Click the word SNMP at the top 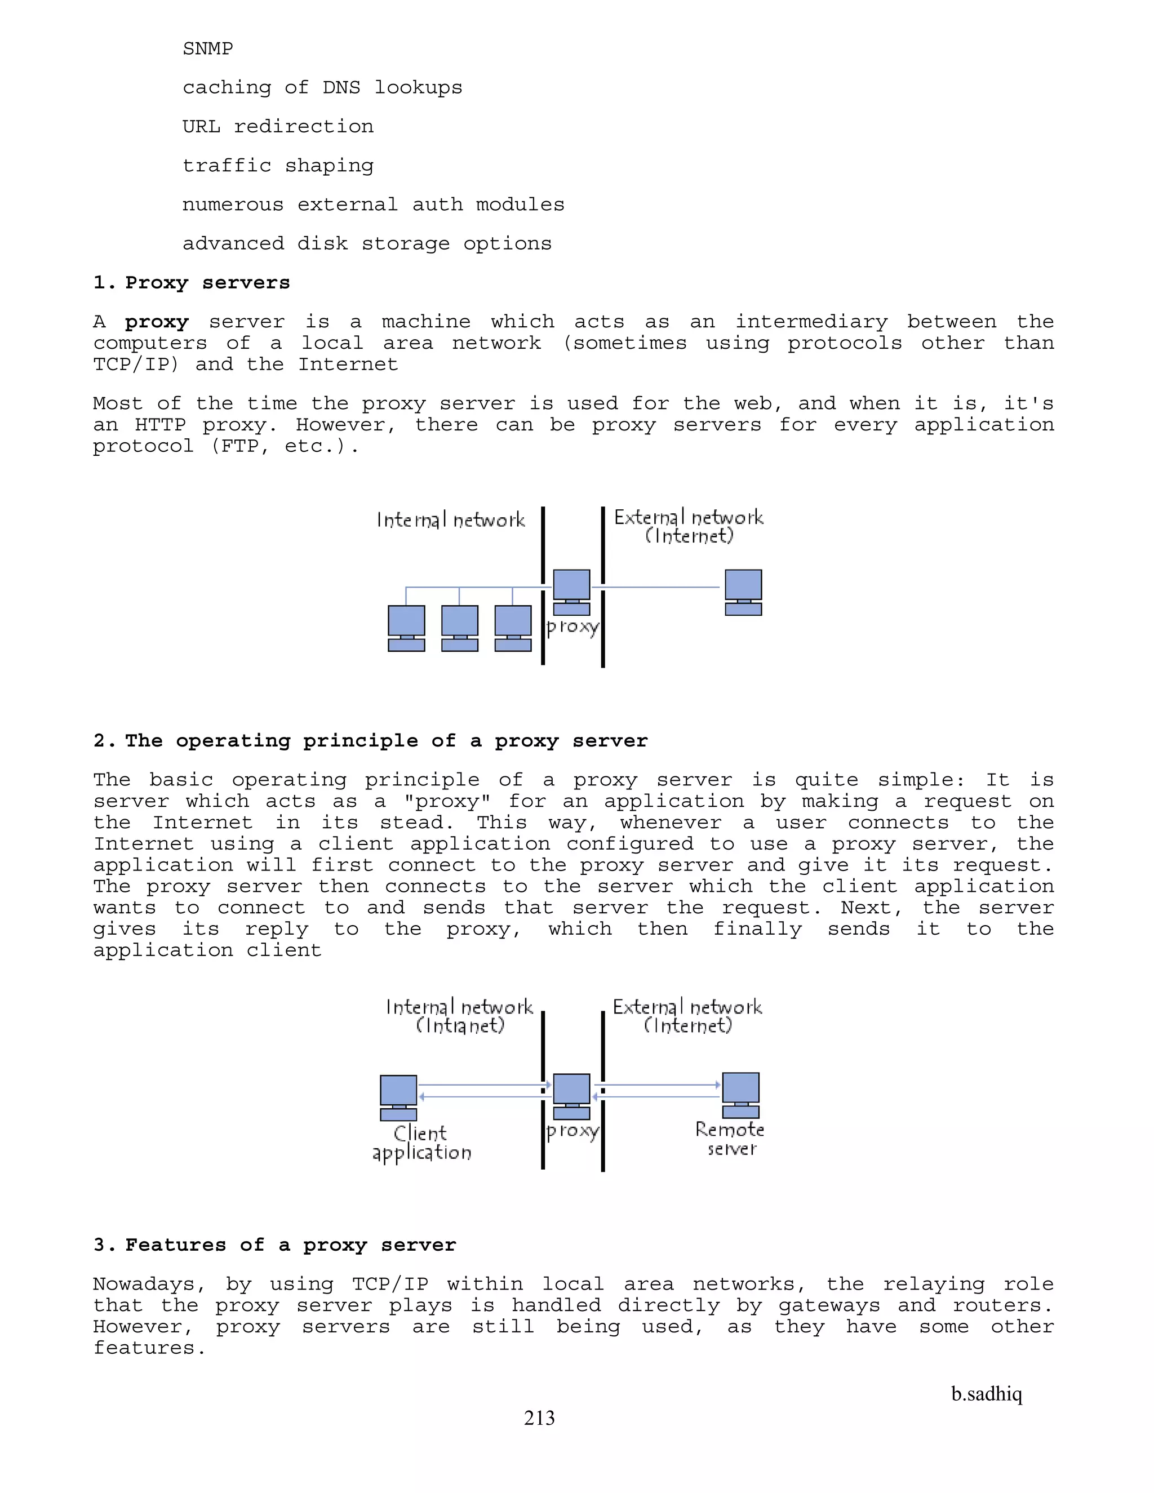point(207,48)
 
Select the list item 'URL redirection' point(278,126)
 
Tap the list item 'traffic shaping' point(278,166)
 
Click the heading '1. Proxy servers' point(192,282)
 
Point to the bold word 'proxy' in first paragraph point(156,322)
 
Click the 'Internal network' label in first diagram point(451,519)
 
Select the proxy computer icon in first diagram point(571,592)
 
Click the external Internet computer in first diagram point(743,592)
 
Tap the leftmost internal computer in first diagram point(406,628)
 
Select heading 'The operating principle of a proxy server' point(371,740)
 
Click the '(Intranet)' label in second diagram point(460,1025)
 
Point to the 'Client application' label point(421,1143)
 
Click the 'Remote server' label point(730,1139)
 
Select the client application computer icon point(398,1097)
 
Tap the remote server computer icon point(741,1095)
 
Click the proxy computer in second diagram point(571,1096)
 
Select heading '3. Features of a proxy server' point(274,1245)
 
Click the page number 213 point(539,1418)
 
